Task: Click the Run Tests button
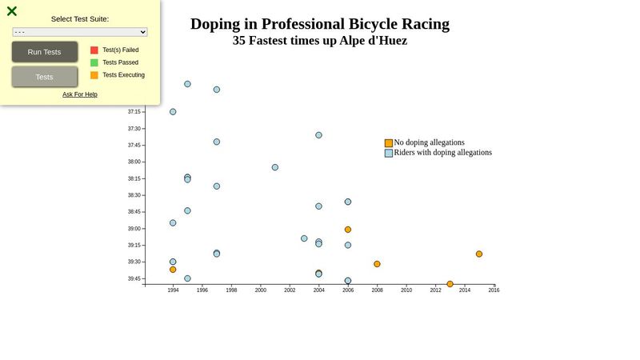click(45, 52)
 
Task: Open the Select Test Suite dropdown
click(80, 32)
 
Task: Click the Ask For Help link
click(80, 94)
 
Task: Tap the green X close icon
click(12, 11)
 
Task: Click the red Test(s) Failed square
click(94, 50)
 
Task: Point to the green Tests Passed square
click(94, 62)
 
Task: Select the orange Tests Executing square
click(94, 75)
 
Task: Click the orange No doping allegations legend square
click(389, 143)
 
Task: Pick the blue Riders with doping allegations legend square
click(389, 153)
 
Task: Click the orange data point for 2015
click(479, 254)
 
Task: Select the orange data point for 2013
click(450, 284)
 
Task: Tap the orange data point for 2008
click(377, 264)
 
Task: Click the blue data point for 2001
click(275, 167)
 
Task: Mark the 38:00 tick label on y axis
click(134, 162)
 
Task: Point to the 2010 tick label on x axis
click(406, 290)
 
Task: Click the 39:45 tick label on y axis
click(134, 278)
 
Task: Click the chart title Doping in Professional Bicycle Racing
click(320, 24)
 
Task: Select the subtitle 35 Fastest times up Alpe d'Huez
click(320, 41)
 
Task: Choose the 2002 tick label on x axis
click(290, 290)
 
